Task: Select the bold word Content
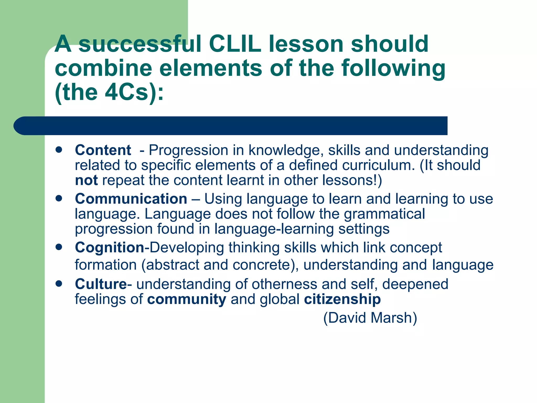[103, 150]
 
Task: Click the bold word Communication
[131, 199]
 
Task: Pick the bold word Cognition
[109, 247]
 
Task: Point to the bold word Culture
[101, 284]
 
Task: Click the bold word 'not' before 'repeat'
[86, 181]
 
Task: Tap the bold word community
[186, 299]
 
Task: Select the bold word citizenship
[342, 299]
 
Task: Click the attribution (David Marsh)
[370, 318]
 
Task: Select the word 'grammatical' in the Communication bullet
[384, 214]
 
